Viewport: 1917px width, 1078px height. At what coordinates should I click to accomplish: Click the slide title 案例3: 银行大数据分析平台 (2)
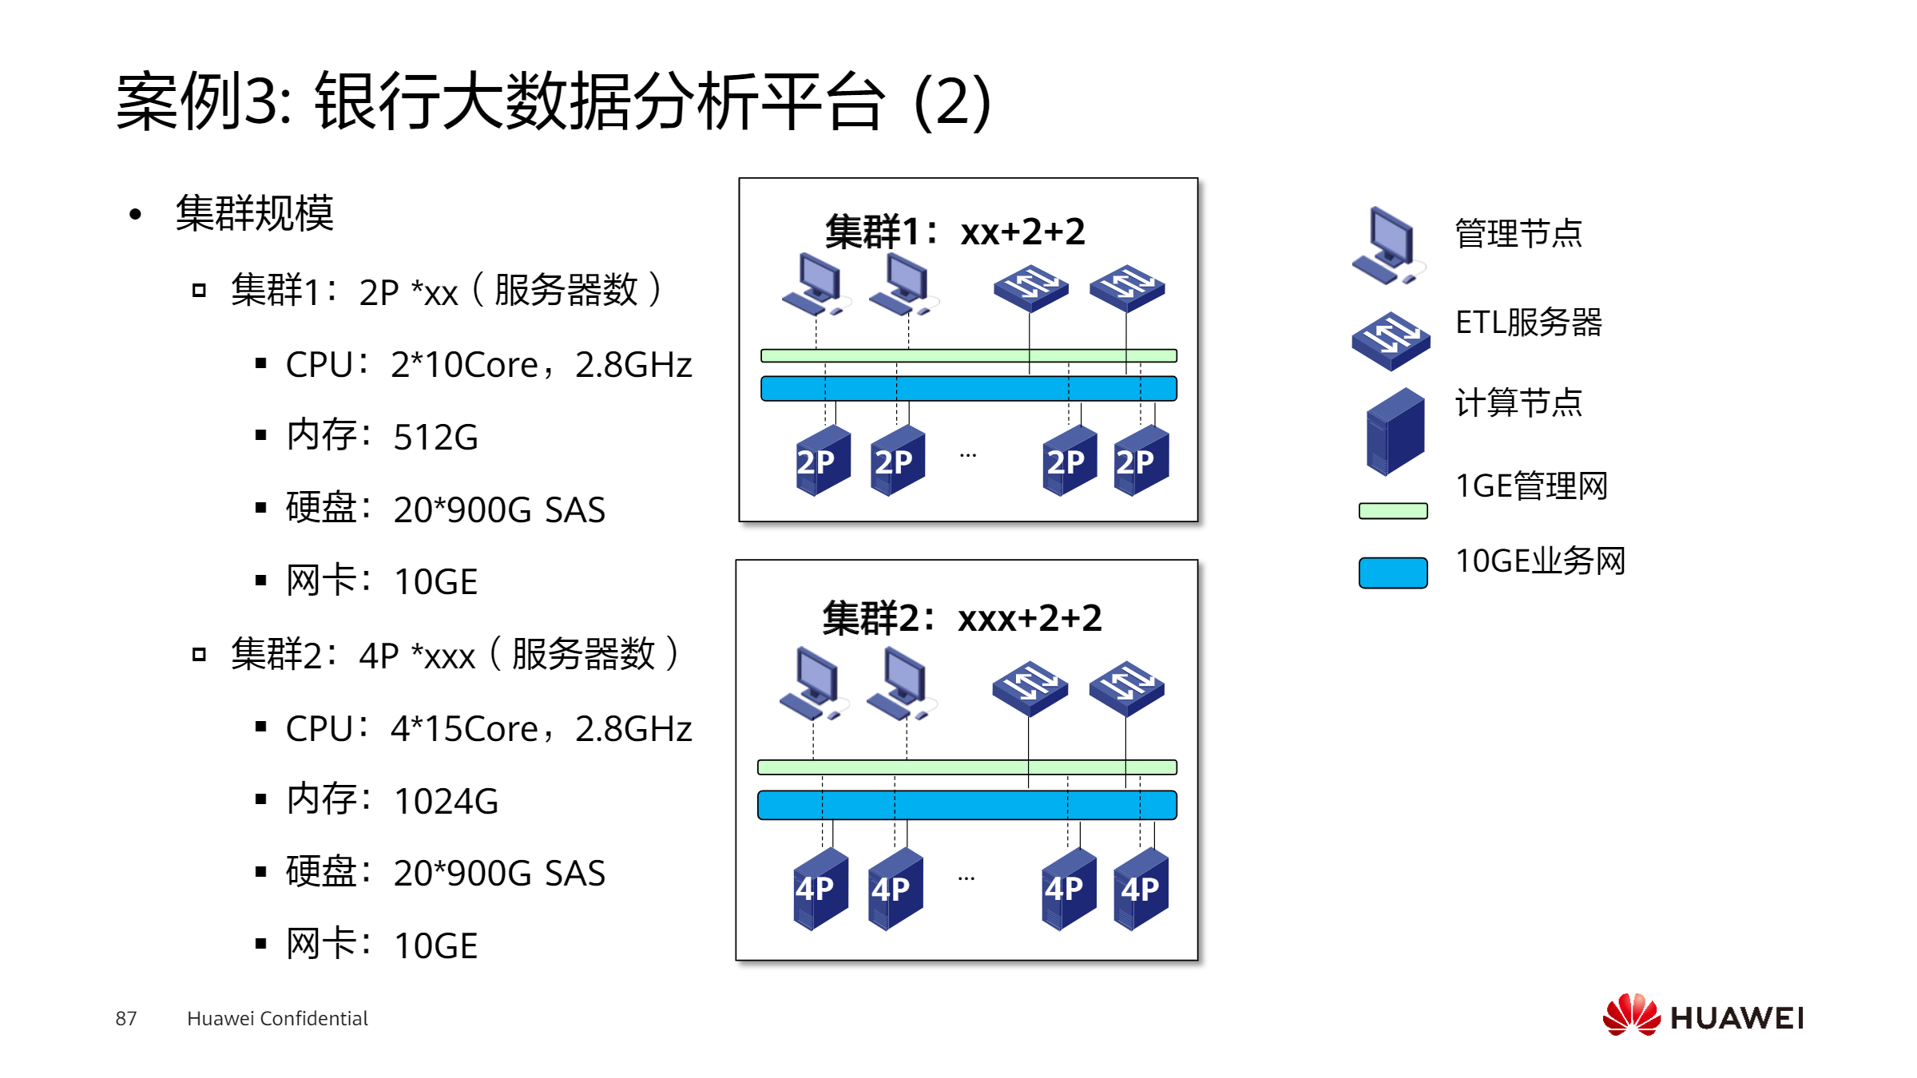click(x=554, y=101)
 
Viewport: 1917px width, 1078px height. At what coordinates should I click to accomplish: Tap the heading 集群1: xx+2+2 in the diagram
click(x=955, y=232)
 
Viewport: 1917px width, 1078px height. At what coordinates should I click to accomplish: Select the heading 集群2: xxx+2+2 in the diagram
click(x=962, y=618)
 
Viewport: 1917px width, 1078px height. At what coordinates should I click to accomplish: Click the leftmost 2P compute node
click(x=823, y=461)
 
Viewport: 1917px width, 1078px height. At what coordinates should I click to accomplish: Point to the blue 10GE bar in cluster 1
click(x=968, y=388)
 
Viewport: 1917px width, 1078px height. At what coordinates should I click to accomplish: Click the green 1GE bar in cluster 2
click(x=966, y=767)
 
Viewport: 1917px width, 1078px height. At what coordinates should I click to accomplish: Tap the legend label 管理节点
click(x=1518, y=233)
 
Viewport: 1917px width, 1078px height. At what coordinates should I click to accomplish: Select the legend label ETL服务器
click(x=1529, y=322)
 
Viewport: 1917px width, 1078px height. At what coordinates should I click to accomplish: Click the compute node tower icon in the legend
click(x=1395, y=431)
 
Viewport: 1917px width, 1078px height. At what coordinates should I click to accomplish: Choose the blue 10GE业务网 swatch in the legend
click(x=1393, y=573)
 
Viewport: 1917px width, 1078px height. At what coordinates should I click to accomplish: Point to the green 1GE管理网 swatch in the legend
click(x=1393, y=511)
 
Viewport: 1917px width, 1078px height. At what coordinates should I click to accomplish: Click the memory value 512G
click(x=436, y=438)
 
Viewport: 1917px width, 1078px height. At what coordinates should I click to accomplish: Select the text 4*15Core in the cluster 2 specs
click(x=464, y=729)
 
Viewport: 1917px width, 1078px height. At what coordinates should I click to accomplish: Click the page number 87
click(x=126, y=1018)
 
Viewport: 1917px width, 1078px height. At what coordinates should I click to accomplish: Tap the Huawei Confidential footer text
click(x=277, y=1018)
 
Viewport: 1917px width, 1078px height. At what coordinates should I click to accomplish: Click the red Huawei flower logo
click(x=1632, y=1014)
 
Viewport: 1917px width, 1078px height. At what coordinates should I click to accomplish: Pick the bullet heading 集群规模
click(x=254, y=213)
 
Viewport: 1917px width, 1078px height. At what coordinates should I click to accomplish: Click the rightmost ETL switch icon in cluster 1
click(x=1127, y=288)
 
